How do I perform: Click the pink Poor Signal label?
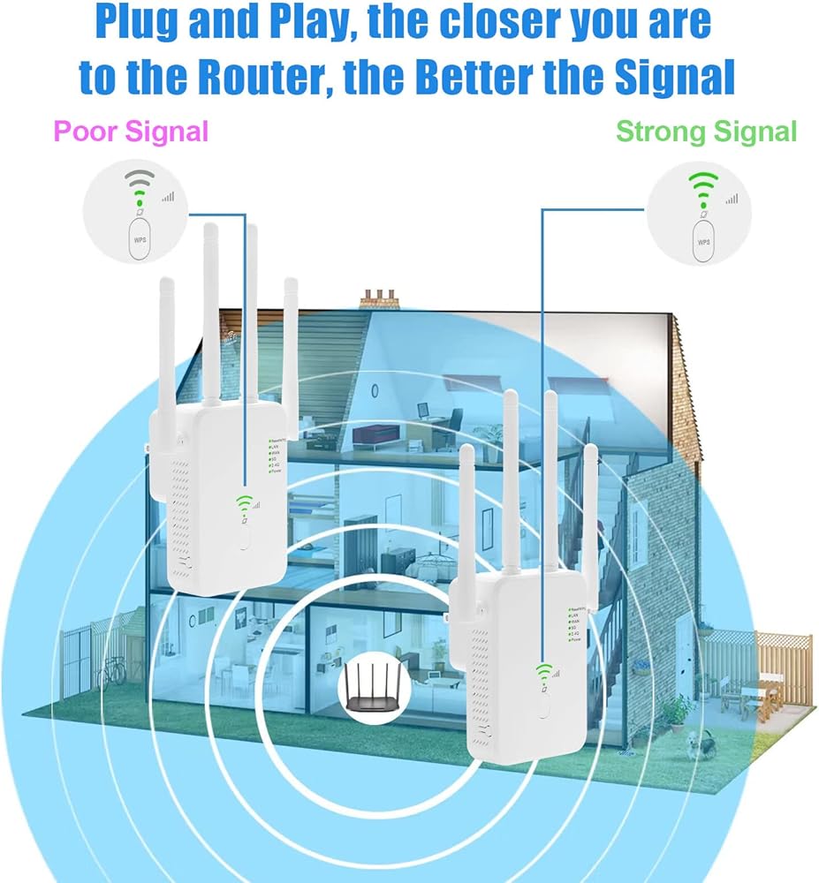pyautogui.click(x=131, y=132)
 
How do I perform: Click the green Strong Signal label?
pyautogui.click(x=706, y=132)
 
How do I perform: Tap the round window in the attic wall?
pyautogui.click(x=375, y=389)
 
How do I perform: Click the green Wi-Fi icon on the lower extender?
pyautogui.click(x=542, y=674)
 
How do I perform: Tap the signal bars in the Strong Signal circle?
pyautogui.click(x=731, y=199)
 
